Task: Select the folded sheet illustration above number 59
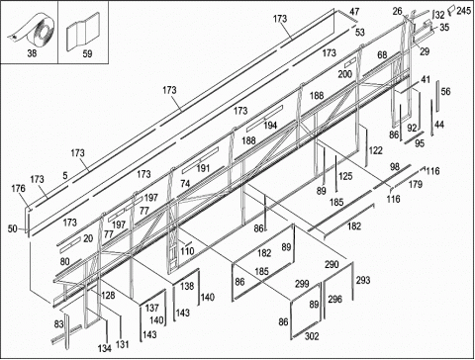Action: (x=83, y=32)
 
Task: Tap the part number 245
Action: (x=464, y=11)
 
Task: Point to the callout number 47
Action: (x=354, y=12)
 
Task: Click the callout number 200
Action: (x=344, y=74)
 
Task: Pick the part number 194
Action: (x=270, y=126)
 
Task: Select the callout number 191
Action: (x=203, y=168)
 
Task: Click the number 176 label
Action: (x=18, y=189)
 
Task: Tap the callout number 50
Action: (x=13, y=228)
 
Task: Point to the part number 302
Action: (x=312, y=336)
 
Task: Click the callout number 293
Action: (x=363, y=280)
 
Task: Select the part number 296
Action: (x=334, y=299)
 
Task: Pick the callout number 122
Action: (x=375, y=150)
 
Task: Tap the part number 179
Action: (x=416, y=184)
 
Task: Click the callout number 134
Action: (x=105, y=348)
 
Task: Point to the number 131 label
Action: (x=122, y=345)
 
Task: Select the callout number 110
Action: (x=187, y=251)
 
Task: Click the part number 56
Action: (x=445, y=91)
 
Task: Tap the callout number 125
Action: (x=345, y=176)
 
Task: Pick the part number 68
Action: (x=382, y=54)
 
